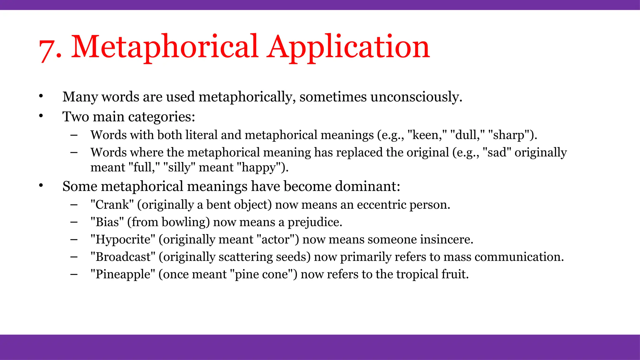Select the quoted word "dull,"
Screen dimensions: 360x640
coord(467,135)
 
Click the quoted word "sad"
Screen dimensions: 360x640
coord(497,152)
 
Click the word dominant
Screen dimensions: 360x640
coord(367,187)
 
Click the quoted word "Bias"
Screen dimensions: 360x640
coord(107,222)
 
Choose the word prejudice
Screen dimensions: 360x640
coord(315,222)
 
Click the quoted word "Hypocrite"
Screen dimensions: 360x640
coord(122,239)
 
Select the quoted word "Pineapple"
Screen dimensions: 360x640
coord(122,274)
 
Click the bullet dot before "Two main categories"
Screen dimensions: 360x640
coord(41,116)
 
